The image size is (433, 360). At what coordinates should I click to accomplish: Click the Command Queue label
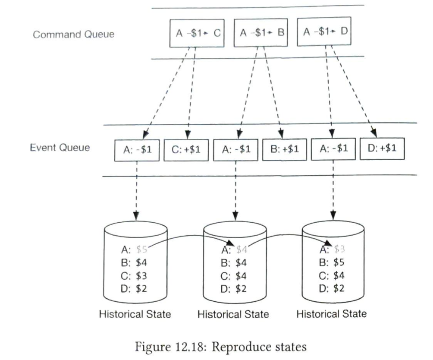[x=74, y=35]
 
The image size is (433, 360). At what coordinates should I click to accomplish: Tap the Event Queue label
[x=60, y=148]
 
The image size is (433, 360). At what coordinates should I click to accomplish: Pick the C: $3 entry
[x=135, y=275]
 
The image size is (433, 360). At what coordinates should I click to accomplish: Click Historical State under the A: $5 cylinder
[x=135, y=314]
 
